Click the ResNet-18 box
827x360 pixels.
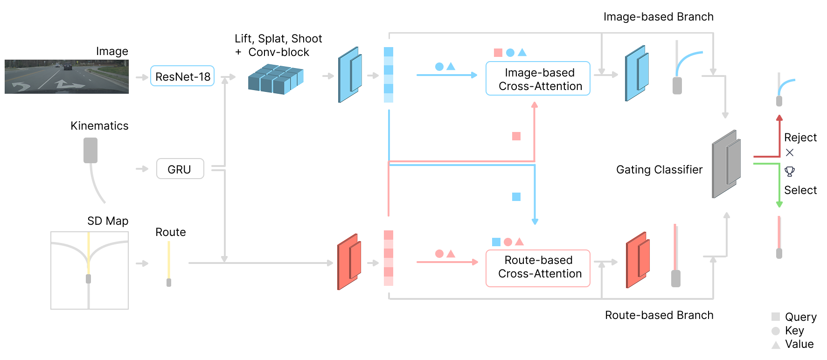pyautogui.click(x=182, y=76)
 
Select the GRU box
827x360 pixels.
pyautogui.click(x=180, y=169)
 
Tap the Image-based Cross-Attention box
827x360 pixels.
pyautogui.click(x=538, y=79)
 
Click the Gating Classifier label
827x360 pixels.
pyautogui.click(x=659, y=170)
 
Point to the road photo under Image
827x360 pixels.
pyautogui.click(x=67, y=76)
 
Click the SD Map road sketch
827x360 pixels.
pyautogui.click(x=90, y=270)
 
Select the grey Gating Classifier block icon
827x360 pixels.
pyautogui.click(x=726, y=164)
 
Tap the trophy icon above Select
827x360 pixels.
pyautogui.click(x=790, y=172)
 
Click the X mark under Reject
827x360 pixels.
pyautogui.click(x=790, y=152)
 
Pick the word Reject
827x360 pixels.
pyautogui.click(x=800, y=138)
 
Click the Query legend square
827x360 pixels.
pyautogui.click(x=776, y=317)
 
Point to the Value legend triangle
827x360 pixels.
pyautogui.click(x=776, y=345)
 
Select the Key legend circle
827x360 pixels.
pyautogui.click(x=776, y=331)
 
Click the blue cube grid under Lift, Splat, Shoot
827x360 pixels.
pyautogui.click(x=276, y=80)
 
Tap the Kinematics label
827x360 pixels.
pyautogui.click(x=99, y=126)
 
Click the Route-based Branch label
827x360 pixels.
pyautogui.click(x=659, y=315)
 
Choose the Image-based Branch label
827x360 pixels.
pyautogui.click(x=658, y=17)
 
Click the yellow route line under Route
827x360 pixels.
pyautogui.click(x=169, y=260)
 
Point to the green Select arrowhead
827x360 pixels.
pyautogui.click(x=779, y=204)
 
